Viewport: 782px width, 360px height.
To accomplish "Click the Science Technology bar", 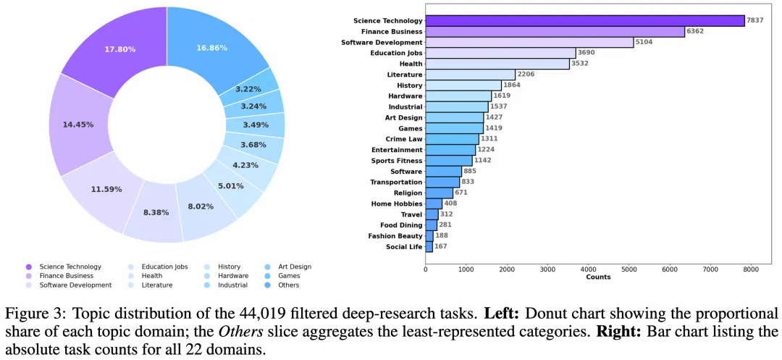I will tap(585, 20).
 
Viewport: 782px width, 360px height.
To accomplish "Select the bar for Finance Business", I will tap(555, 32).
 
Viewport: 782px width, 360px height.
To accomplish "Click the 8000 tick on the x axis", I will tap(751, 269).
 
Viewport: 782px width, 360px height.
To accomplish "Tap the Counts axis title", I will tap(598, 277).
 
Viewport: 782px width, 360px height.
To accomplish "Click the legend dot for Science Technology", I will tap(28, 267).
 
